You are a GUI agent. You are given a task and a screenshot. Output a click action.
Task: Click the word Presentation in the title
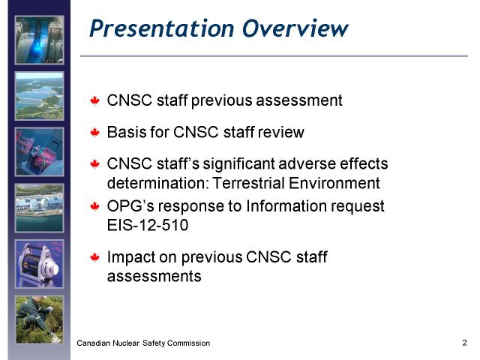click(162, 28)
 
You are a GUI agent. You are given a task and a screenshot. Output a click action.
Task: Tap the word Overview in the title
click(295, 28)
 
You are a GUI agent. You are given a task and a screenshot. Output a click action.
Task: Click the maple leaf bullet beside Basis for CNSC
click(95, 133)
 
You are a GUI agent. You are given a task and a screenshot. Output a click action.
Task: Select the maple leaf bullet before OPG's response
click(95, 206)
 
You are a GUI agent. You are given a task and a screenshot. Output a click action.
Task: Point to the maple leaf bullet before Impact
click(95, 257)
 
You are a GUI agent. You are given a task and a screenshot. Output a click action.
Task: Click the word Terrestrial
click(248, 183)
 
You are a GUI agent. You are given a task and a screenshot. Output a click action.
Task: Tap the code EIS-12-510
click(148, 225)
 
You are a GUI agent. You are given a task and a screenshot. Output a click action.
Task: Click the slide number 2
click(464, 343)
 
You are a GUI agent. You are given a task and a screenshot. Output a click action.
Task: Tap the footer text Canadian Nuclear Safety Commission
click(143, 343)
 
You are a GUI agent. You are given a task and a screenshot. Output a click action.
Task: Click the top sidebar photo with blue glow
click(40, 40)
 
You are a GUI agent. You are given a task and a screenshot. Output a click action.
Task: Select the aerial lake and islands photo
click(40, 96)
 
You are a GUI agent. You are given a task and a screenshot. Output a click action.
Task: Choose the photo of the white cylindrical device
click(40, 264)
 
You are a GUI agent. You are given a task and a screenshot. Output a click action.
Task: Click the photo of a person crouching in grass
click(40, 319)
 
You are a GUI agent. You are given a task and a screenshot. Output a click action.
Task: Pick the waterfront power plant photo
click(40, 208)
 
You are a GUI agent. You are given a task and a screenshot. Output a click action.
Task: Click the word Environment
click(334, 183)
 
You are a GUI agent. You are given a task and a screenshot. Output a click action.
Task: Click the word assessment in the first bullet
click(299, 100)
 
